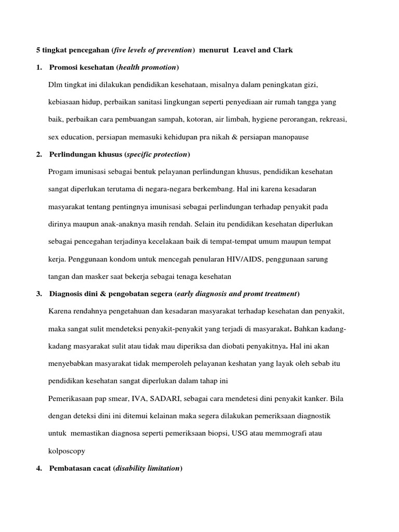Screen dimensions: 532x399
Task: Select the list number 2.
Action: (39, 154)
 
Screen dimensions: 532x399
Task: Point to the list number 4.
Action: (39, 468)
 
